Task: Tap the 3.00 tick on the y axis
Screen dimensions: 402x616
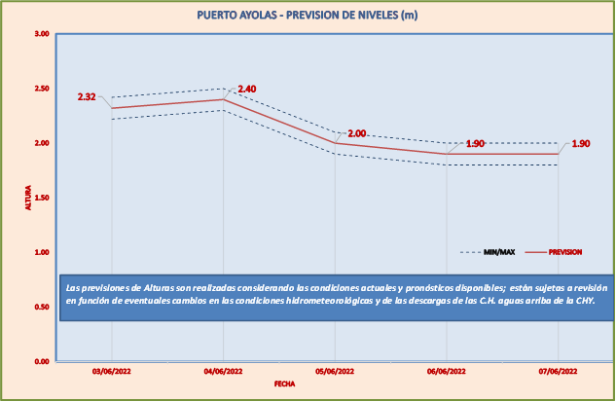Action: pos(41,34)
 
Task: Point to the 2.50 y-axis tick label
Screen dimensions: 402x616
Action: pos(41,89)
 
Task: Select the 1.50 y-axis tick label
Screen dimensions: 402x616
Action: pos(41,198)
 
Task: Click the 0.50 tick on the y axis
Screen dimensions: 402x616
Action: pos(41,307)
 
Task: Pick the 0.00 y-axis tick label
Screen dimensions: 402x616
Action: pos(41,361)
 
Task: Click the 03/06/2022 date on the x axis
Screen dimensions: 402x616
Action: pos(112,372)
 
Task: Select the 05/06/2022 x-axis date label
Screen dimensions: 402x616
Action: pos(335,372)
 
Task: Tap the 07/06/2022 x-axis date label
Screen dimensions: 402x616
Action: pos(558,372)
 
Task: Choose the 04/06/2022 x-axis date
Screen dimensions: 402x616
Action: pos(224,372)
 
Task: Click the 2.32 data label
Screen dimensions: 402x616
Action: pos(87,97)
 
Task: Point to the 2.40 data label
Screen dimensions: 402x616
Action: pos(246,90)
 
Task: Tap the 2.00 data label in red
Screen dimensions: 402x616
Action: pos(356,133)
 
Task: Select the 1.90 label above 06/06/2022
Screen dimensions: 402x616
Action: pos(475,144)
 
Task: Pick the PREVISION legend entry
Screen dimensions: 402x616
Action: pos(565,252)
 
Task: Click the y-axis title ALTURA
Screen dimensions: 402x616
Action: pos(28,198)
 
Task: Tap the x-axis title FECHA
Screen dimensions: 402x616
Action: pos(284,384)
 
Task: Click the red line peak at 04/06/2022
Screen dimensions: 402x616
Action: pos(224,99)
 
